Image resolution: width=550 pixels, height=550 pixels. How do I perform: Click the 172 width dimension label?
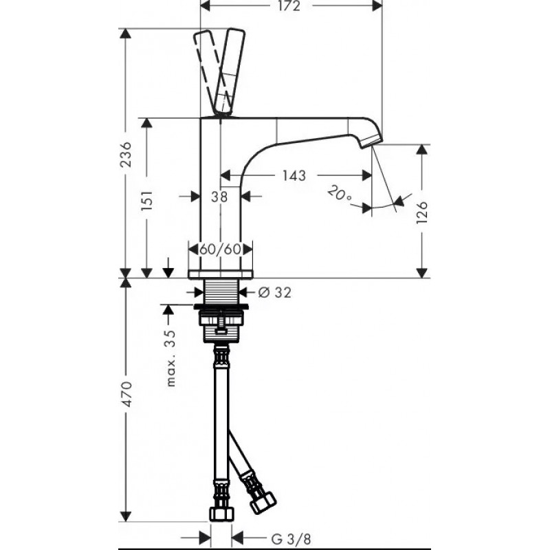click(x=289, y=6)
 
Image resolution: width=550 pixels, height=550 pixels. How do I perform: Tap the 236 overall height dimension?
click(x=125, y=155)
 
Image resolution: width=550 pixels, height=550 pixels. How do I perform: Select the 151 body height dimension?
click(x=147, y=200)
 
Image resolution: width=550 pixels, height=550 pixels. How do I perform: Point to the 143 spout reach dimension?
click(x=294, y=175)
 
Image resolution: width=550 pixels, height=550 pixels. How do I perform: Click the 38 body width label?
click(x=219, y=197)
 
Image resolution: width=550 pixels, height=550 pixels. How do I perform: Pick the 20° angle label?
click(x=339, y=195)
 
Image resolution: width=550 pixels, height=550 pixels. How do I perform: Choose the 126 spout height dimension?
click(x=422, y=212)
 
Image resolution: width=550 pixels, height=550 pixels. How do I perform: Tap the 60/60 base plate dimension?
click(x=220, y=250)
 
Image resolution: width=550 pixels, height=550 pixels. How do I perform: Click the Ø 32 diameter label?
click(x=274, y=291)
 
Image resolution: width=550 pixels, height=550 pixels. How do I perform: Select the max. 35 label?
click(x=170, y=357)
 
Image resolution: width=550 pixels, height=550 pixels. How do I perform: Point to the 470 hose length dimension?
click(x=126, y=393)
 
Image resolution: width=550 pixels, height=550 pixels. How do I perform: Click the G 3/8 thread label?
click(x=291, y=538)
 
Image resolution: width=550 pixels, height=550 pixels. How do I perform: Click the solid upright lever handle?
click(x=230, y=72)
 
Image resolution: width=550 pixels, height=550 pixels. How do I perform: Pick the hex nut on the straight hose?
click(x=221, y=514)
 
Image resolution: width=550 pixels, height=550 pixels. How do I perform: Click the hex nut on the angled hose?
click(x=263, y=503)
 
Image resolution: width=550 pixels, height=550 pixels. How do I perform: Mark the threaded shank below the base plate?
click(x=221, y=291)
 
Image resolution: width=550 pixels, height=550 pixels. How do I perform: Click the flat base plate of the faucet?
click(x=220, y=274)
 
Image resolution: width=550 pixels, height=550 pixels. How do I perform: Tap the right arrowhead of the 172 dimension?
click(x=377, y=5)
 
